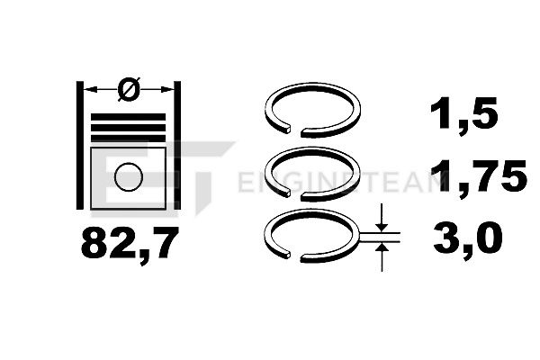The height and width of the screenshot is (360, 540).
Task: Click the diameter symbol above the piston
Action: [129, 89]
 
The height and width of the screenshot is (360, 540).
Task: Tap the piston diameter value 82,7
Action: [130, 244]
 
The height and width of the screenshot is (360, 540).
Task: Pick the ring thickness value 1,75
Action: [479, 176]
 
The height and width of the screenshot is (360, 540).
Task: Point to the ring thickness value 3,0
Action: [467, 238]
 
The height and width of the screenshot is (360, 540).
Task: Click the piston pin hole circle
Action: [129, 176]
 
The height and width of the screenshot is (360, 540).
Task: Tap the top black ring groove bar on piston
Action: [128, 117]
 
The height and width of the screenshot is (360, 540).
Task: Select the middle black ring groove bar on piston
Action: [128, 128]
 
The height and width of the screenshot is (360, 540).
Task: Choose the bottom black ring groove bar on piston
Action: [128, 139]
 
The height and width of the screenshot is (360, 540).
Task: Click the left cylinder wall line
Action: [79, 146]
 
